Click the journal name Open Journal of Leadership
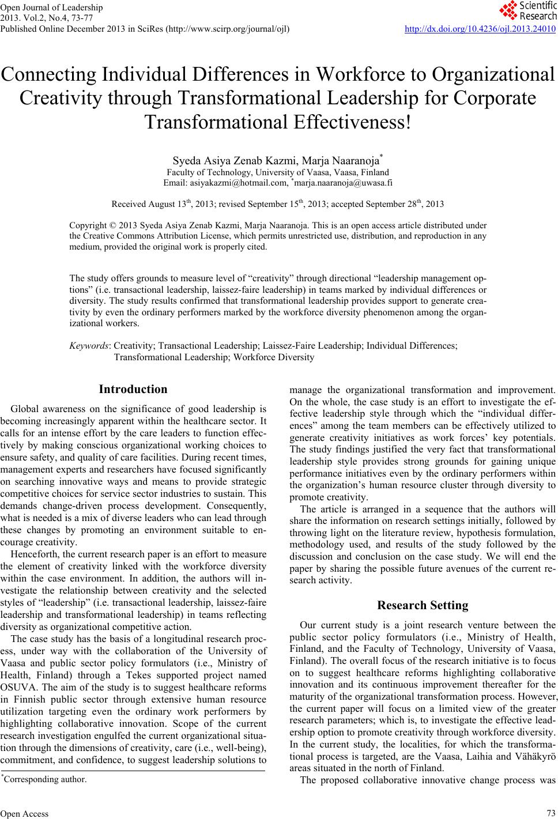(x=52, y=7)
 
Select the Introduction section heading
(x=133, y=389)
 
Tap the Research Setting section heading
(x=422, y=605)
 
